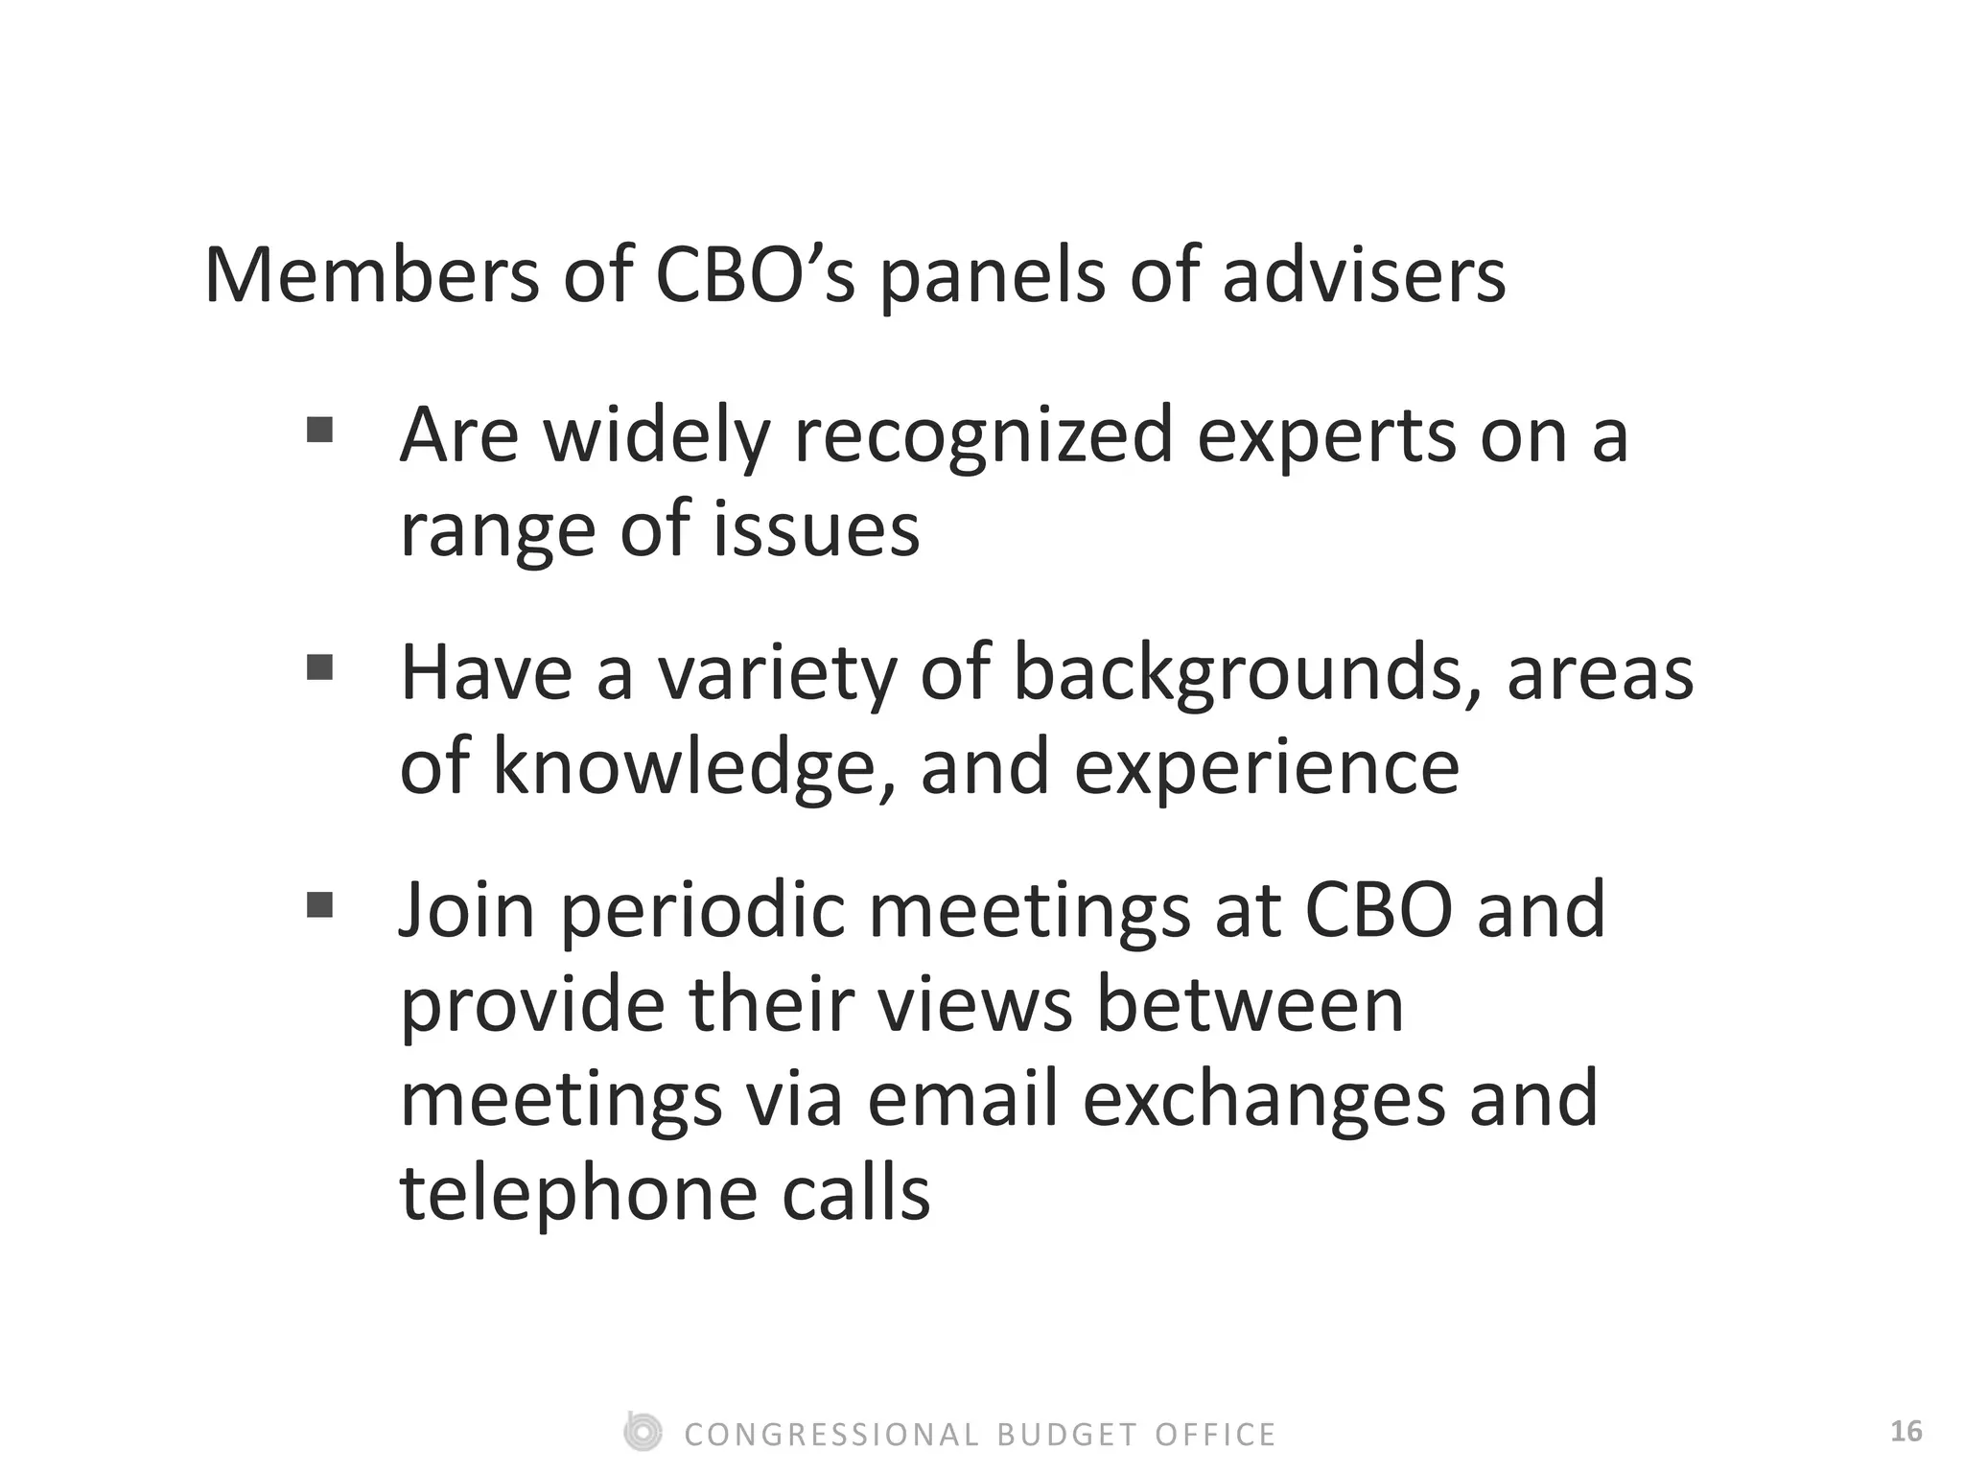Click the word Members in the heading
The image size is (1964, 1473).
pyautogui.click(x=371, y=276)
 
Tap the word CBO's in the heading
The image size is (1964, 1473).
pyautogui.click(x=754, y=276)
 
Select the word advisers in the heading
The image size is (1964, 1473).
pyautogui.click(x=1363, y=276)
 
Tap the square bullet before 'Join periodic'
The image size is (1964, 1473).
pyautogui.click(x=319, y=904)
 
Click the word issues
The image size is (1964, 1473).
pyautogui.click(x=816, y=530)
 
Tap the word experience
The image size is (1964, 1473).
pyautogui.click(x=1266, y=768)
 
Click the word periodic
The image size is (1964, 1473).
pyautogui.click(x=702, y=911)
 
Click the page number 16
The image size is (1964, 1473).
pyautogui.click(x=1906, y=1432)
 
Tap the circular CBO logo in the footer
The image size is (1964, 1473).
pyautogui.click(x=642, y=1432)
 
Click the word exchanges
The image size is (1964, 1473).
pyautogui.click(x=1264, y=1101)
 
